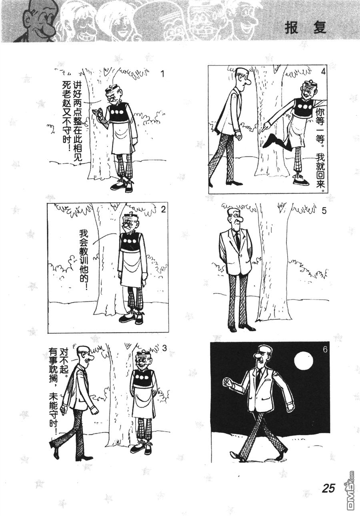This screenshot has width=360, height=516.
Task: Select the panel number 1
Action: [163, 74]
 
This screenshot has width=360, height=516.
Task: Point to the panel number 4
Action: [323, 72]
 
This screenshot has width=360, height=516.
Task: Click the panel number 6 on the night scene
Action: [325, 350]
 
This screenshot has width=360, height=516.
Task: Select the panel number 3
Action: [164, 349]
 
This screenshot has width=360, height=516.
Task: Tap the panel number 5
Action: [324, 211]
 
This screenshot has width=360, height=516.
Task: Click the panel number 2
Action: [163, 210]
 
